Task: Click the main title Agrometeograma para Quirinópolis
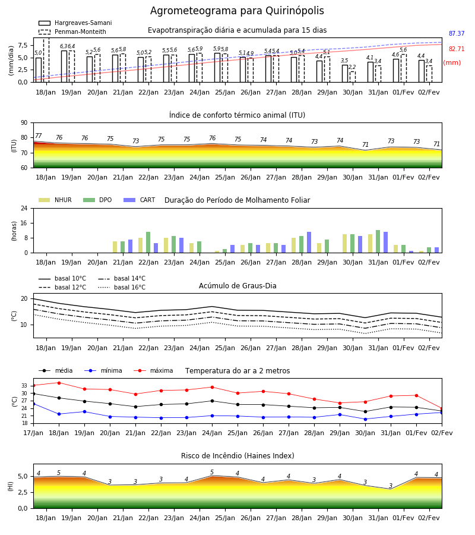237,11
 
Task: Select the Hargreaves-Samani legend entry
75,23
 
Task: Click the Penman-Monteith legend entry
72,32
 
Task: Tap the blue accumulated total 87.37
457,33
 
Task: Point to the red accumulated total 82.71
457,49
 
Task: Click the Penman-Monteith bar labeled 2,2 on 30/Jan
352,77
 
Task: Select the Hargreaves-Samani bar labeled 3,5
345,74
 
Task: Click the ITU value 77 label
38,136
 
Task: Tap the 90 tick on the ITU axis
24,123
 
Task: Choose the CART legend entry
140,200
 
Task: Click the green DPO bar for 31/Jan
378,241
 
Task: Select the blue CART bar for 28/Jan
309,243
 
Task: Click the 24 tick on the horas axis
24,208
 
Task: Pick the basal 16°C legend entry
122,287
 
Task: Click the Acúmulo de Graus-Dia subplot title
237,286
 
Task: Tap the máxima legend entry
153,370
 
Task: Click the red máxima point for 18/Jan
59,383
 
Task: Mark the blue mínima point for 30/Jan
365,419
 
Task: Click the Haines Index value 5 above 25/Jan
212,472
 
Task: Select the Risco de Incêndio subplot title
237,456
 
